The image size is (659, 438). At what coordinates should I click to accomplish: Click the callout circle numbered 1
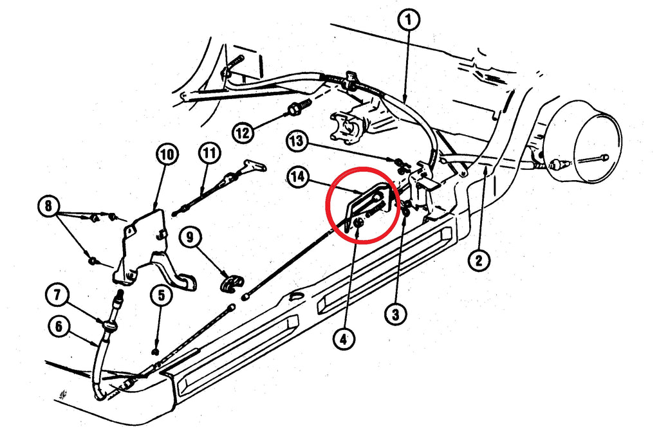click(409, 20)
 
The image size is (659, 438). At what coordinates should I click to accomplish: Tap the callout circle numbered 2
click(479, 260)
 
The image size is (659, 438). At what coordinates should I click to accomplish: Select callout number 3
click(396, 313)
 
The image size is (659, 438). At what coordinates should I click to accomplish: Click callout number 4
click(344, 338)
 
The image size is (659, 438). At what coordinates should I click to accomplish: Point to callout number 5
click(162, 295)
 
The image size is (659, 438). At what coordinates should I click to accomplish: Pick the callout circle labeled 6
click(59, 326)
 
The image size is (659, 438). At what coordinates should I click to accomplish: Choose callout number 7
click(57, 295)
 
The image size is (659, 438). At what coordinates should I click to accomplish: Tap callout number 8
click(48, 206)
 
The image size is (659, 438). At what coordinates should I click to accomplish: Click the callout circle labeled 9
click(190, 237)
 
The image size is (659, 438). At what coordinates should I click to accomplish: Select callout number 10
click(167, 154)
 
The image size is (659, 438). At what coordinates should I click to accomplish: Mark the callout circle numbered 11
click(209, 153)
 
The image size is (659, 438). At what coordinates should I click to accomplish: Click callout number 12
click(243, 133)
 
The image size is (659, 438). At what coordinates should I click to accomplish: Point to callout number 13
click(297, 141)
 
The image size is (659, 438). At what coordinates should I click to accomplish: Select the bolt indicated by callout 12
click(299, 107)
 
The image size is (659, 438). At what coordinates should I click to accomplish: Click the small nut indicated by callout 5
click(156, 351)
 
